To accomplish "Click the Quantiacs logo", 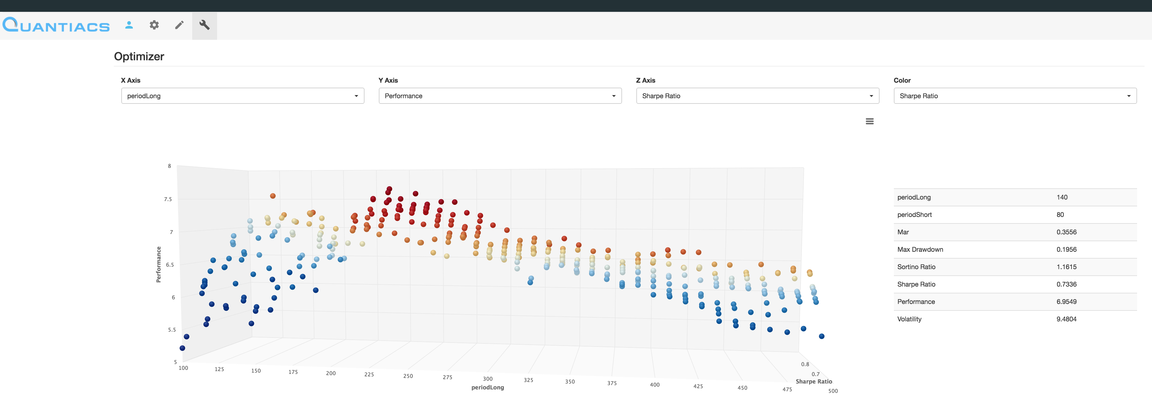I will (56, 25).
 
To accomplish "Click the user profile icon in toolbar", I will (129, 25).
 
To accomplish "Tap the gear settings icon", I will (154, 25).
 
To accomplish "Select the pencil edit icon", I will (179, 25).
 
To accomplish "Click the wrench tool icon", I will (204, 25).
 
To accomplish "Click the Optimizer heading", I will (139, 56).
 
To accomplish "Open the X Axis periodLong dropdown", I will (242, 96).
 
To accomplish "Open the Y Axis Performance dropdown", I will (500, 96).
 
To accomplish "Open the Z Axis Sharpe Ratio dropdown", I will (757, 96).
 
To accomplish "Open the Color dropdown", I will (1015, 96).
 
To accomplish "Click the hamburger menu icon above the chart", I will (869, 121).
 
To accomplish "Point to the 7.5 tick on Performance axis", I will (168, 199).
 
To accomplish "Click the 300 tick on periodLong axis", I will (487, 379).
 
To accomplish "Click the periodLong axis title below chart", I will (487, 388).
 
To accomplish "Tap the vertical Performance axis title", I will (158, 264).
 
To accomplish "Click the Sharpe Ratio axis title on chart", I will (814, 381).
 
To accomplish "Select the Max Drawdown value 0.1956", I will (1066, 250).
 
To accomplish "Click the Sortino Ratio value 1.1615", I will (1066, 267).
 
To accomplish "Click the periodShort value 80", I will (1060, 214).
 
